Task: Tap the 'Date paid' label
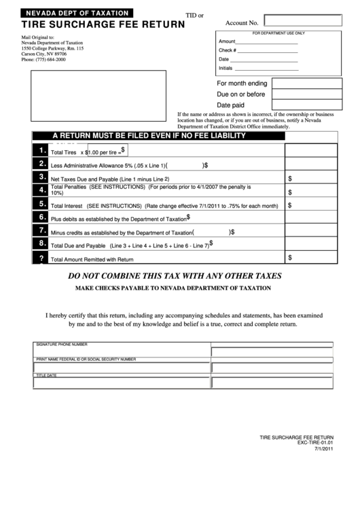coord(230,105)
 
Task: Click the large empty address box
coord(96,95)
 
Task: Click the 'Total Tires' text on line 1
coord(64,153)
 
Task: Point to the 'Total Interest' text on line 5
coord(67,205)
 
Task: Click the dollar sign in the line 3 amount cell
coord(290,178)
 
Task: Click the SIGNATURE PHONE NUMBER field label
coord(62,345)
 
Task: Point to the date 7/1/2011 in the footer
coord(323,449)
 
